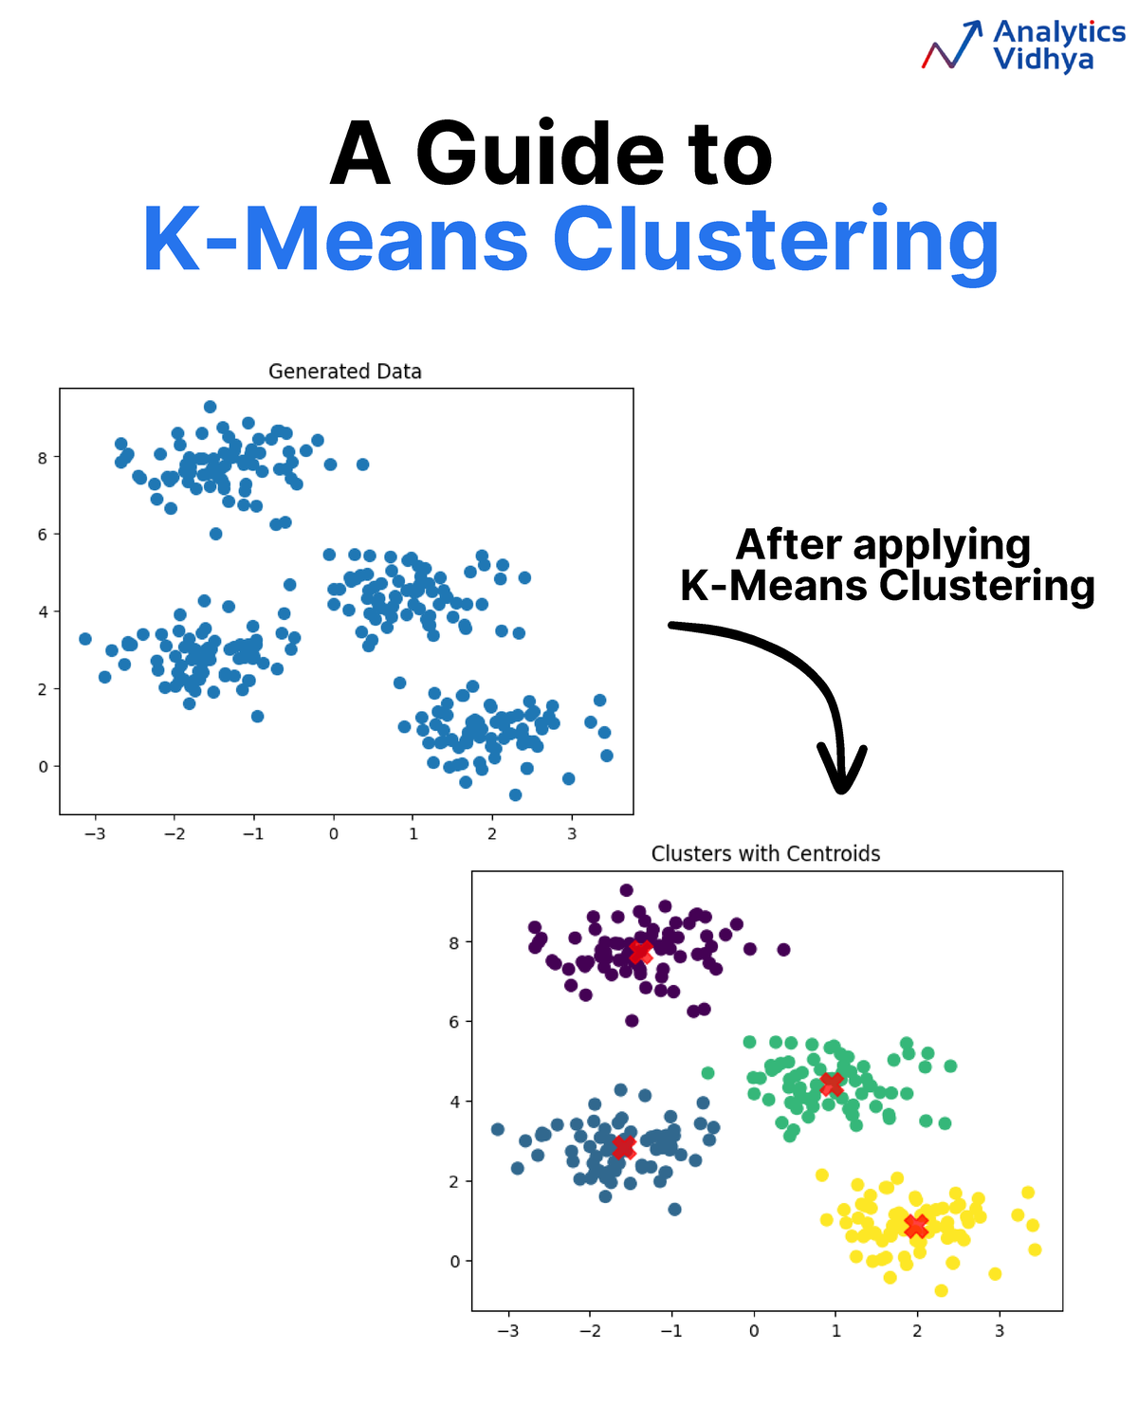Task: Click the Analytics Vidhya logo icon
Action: pyautogui.click(x=952, y=46)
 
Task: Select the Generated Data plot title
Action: pyautogui.click(x=344, y=372)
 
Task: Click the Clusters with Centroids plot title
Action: pyautogui.click(x=765, y=854)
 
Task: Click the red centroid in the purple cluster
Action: pyautogui.click(x=640, y=951)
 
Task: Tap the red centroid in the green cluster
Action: pyautogui.click(x=832, y=1084)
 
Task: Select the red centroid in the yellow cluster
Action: pyautogui.click(x=916, y=1226)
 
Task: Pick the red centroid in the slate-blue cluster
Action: pyautogui.click(x=623, y=1147)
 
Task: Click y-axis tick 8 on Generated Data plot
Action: pyautogui.click(x=43, y=457)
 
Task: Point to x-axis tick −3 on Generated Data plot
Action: pyautogui.click(x=95, y=834)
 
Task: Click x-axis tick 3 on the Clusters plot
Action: pyautogui.click(x=1000, y=1331)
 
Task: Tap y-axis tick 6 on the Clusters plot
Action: pyautogui.click(x=455, y=1022)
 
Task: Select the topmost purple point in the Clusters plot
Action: pyautogui.click(x=626, y=890)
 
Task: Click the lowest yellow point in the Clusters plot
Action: pyautogui.click(x=941, y=1290)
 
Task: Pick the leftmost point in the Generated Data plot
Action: pyautogui.click(x=85, y=639)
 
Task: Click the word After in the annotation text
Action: pyautogui.click(x=788, y=546)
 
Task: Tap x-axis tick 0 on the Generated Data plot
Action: pyautogui.click(x=334, y=834)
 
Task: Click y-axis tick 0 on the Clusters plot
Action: pyautogui.click(x=455, y=1262)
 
